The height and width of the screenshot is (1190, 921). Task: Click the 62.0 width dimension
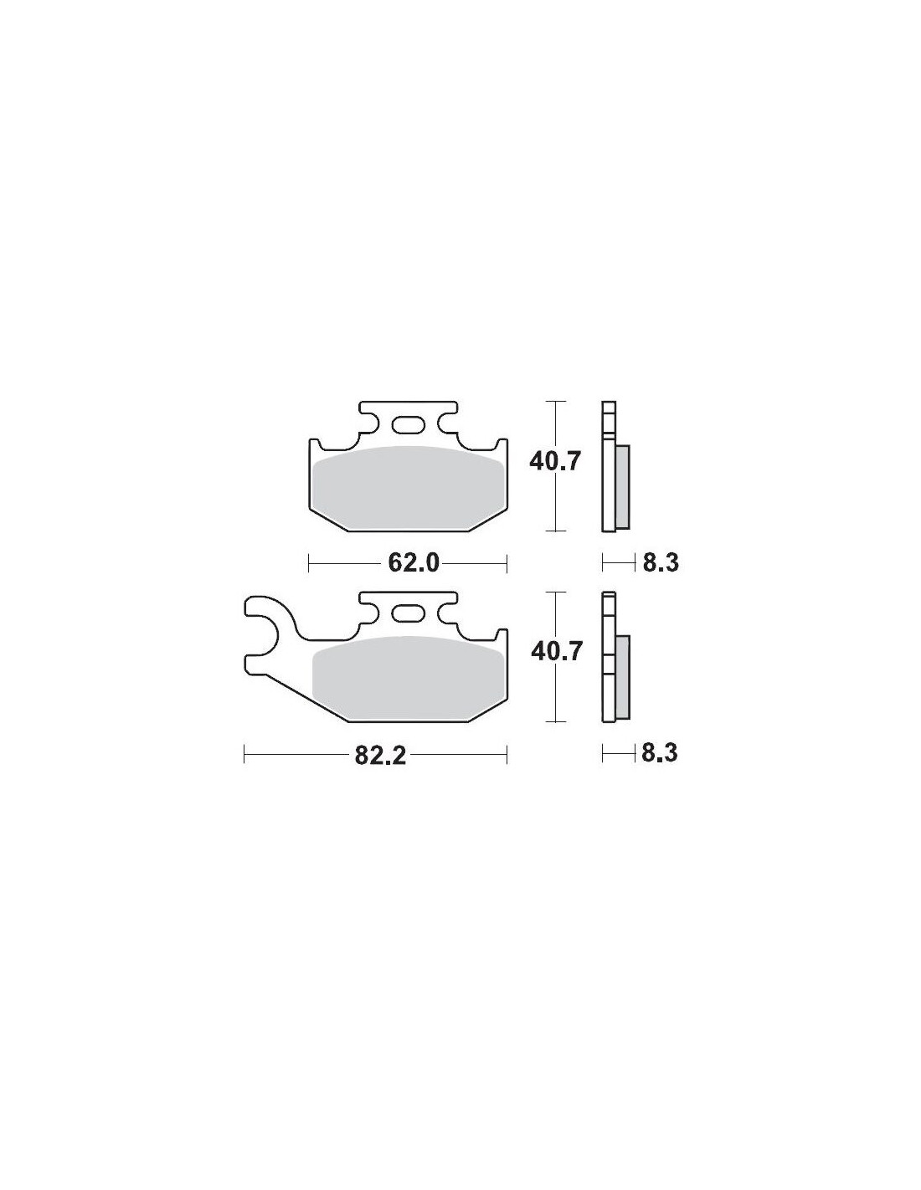414,562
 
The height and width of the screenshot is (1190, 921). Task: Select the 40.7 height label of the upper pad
554,462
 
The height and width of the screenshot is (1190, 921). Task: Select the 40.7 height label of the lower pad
555,652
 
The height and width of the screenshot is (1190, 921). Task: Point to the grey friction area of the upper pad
408,487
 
